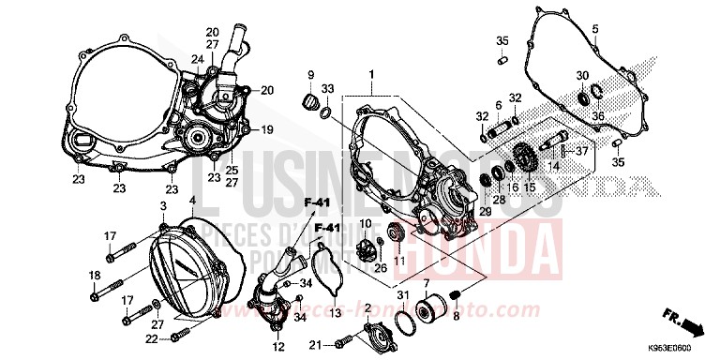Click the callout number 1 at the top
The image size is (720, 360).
click(x=371, y=73)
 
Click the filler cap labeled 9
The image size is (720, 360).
click(x=307, y=98)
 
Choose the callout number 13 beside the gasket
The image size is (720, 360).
click(x=336, y=285)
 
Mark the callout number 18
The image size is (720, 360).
click(x=94, y=275)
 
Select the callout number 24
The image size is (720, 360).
click(x=198, y=58)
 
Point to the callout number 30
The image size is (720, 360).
click(x=581, y=76)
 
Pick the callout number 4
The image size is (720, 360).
click(x=192, y=201)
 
